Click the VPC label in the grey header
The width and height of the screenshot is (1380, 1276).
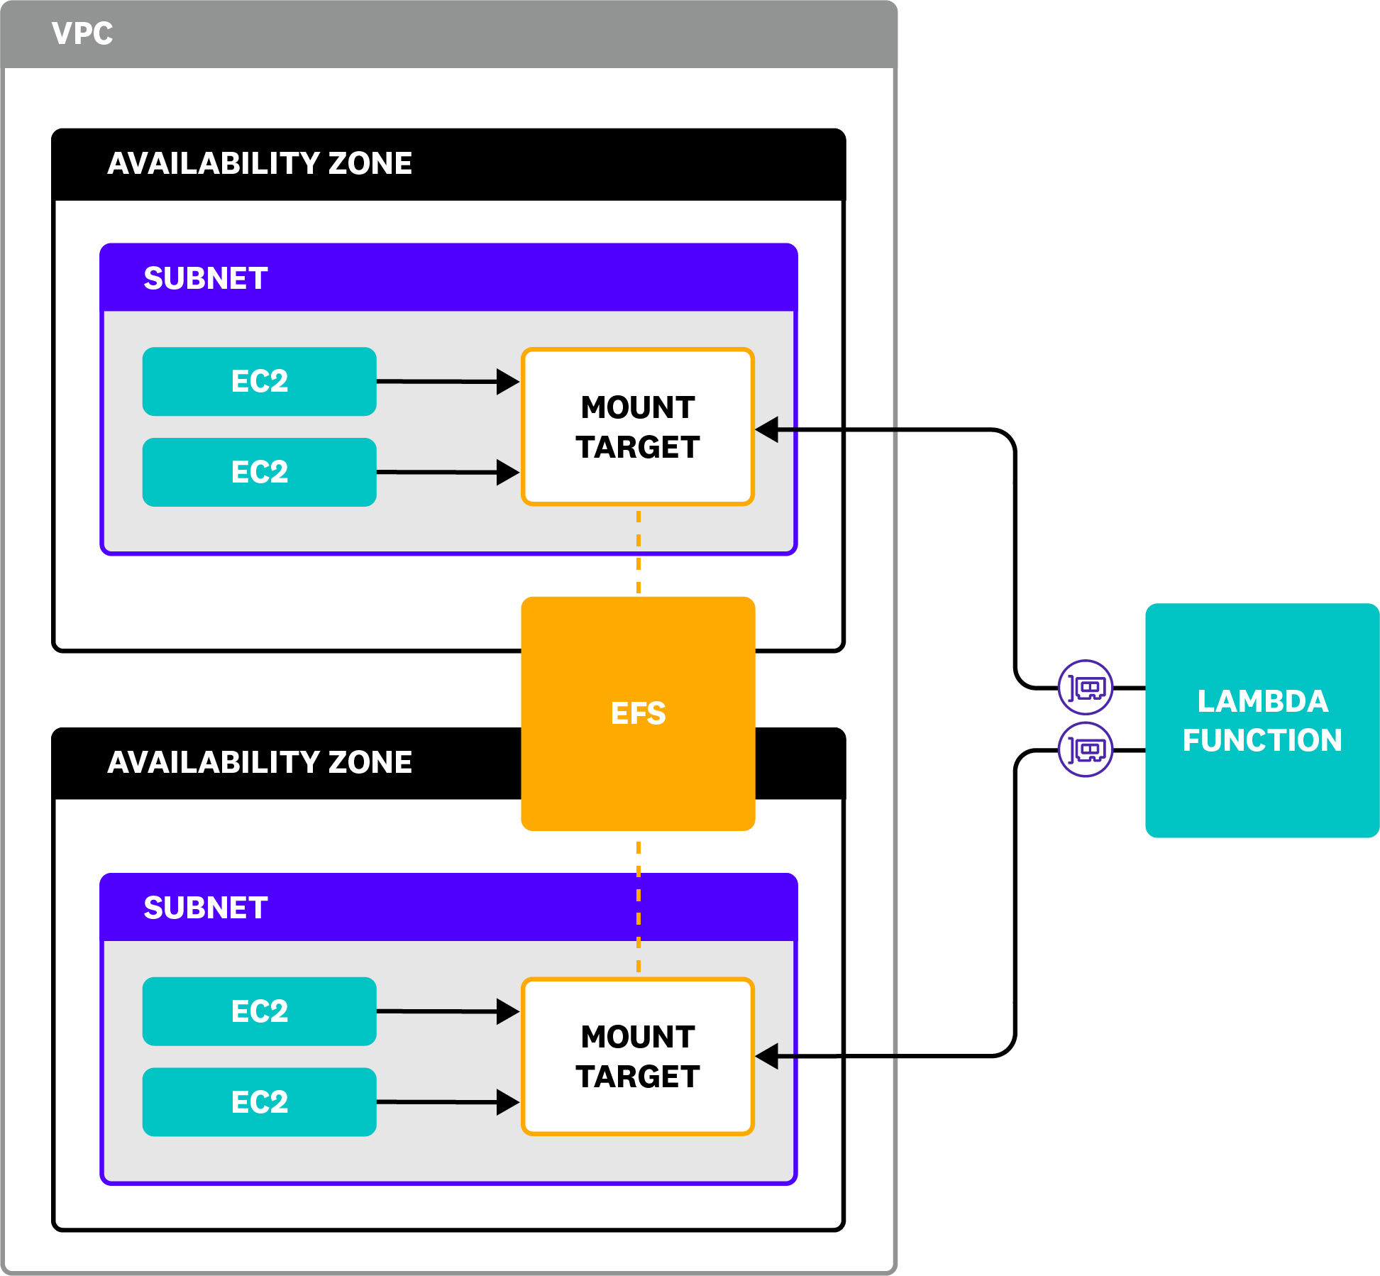click(82, 33)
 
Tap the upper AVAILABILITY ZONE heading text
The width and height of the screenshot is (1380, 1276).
click(259, 163)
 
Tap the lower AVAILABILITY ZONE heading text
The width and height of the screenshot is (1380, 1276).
click(259, 762)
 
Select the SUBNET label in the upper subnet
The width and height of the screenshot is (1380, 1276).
click(205, 278)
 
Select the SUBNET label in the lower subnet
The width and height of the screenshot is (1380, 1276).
click(205, 908)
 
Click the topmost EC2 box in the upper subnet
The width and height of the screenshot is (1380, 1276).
click(259, 381)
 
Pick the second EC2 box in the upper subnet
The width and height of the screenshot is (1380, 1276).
click(259, 472)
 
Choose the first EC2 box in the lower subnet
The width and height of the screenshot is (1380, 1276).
click(259, 1011)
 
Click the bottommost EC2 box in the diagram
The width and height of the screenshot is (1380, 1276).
click(259, 1102)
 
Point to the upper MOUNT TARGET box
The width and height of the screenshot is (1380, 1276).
click(637, 427)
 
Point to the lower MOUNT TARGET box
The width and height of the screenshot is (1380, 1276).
click(637, 1056)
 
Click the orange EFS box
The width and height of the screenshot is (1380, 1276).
click(637, 713)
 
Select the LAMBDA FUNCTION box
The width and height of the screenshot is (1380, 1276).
click(1262, 720)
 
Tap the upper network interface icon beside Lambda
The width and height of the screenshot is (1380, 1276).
click(1085, 687)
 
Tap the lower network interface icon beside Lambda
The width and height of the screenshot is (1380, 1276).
click(1085, 749)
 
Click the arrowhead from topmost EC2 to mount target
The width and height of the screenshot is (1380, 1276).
click(507, 382)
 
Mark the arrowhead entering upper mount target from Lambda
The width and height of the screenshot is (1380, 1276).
click(768, 429)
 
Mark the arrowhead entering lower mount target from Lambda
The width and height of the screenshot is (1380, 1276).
click(768, 1056)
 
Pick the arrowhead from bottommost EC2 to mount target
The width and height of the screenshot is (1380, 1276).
click(507, 1102)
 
